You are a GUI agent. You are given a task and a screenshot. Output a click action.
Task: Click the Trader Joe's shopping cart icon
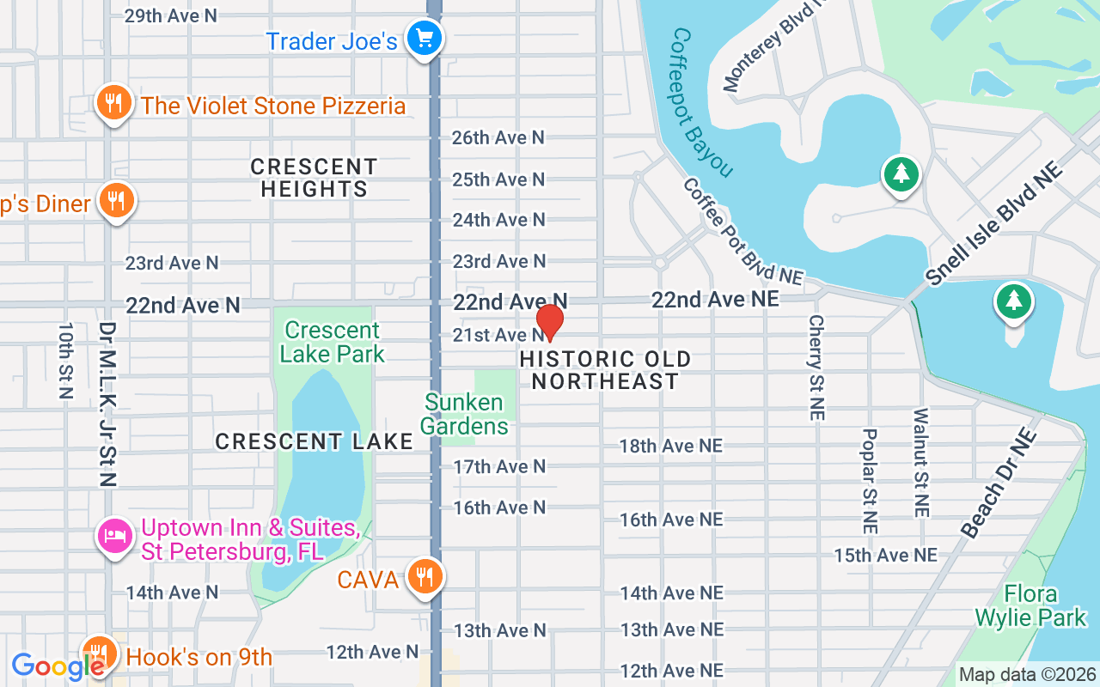coord(424,39)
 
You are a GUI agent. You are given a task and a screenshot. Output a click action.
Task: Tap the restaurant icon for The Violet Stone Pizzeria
coord(112,104)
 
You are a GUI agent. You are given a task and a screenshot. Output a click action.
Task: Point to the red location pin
coord(550,321)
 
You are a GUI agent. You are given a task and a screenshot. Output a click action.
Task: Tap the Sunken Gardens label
coord(464,414)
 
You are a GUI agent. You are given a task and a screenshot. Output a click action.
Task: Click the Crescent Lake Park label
coord(333,342)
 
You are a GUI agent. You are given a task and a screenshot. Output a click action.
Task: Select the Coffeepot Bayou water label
coord(700,102)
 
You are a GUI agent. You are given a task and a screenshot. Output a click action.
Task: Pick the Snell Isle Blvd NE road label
coord(993,222)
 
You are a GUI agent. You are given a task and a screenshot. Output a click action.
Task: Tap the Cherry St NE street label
coord(816,368)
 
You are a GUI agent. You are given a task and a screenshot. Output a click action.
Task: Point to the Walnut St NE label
coord(922,462)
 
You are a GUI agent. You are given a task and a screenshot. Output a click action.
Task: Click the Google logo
coord(57,666)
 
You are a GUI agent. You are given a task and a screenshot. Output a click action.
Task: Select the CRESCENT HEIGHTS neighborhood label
coord(314,178)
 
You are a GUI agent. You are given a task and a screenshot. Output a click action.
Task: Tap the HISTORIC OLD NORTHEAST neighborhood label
coord(605,370)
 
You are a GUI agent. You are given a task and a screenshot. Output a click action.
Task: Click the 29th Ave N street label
coord(171,16)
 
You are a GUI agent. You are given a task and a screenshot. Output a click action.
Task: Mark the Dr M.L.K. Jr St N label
coord(107,404)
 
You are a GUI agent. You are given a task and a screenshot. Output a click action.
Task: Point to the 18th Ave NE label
coord(671,446)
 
